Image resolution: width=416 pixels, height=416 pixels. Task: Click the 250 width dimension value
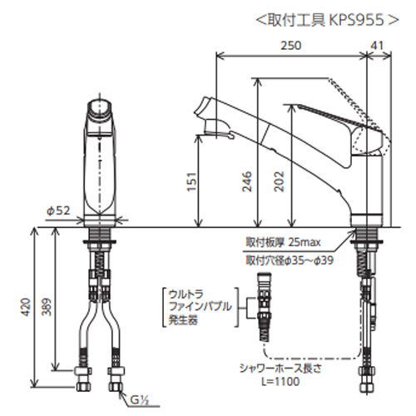coord(290,46)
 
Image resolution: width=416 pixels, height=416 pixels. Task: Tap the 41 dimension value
coord(378,46)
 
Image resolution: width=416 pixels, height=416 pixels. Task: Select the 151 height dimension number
coord(192,181)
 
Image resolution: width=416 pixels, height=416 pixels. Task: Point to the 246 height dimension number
coord(247,181)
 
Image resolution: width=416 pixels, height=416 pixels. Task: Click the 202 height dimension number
coord(280,181)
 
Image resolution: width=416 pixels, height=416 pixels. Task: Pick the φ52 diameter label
coord(58,210)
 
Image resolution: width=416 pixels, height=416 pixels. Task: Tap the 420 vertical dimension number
coord(26,307)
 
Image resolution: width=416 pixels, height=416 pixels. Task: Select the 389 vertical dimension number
coord(47,307)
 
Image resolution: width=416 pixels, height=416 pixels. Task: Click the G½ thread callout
coord(140,400)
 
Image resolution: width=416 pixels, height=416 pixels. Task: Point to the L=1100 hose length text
coord(280,382)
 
